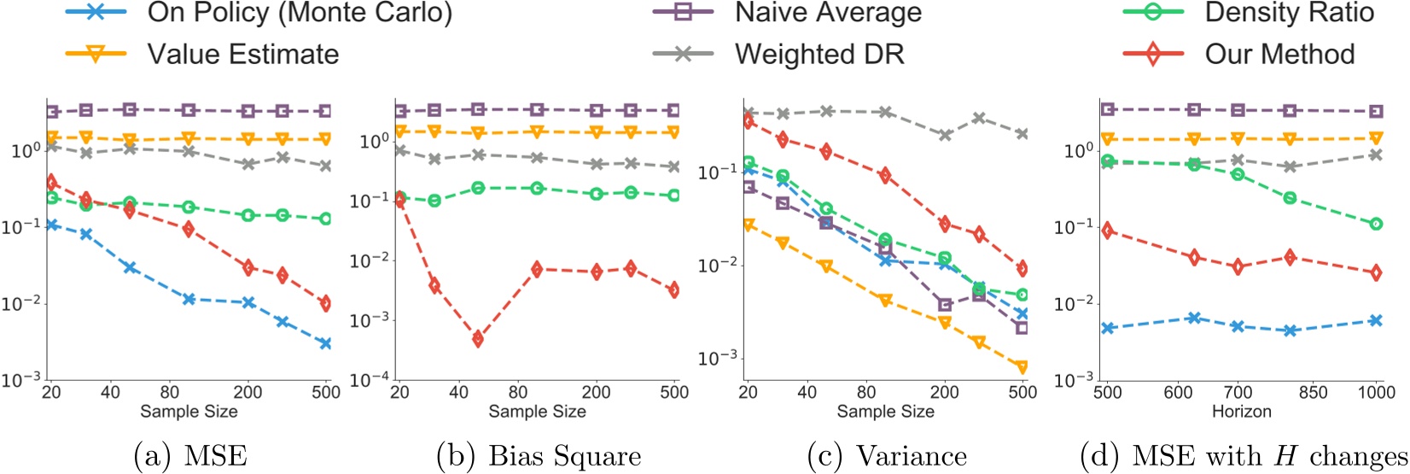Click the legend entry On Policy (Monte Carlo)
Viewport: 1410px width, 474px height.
[300, 13]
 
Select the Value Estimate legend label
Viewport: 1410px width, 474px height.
[242, 54]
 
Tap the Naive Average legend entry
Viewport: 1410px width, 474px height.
[828, 13]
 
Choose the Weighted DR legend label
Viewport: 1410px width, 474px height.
[819, 54]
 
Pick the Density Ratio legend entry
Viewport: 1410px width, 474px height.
[1289, 13]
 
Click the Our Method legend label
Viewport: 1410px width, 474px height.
[1279, 54]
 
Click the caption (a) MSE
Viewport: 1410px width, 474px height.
[190, 456]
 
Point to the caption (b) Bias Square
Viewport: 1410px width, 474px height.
[539, 456]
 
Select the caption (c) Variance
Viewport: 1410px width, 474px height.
[887, 456]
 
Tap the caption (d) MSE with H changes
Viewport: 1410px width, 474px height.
[1244, 456]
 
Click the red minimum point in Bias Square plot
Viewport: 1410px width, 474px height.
[478, 339]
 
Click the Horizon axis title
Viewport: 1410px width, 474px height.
[1241, 412]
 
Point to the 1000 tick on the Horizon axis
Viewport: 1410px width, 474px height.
[1375, 392]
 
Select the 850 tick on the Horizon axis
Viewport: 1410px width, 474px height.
[1313, 392]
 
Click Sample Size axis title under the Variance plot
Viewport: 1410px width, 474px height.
[885, 412]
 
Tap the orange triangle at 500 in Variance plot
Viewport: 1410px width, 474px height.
[1022, 367]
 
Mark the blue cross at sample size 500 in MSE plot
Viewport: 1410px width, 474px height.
[324, 343]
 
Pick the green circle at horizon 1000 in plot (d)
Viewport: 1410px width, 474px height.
[1376, 224]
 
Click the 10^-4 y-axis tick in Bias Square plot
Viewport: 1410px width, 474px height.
[370, 379]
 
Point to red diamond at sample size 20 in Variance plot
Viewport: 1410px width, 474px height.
[749, 121]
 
